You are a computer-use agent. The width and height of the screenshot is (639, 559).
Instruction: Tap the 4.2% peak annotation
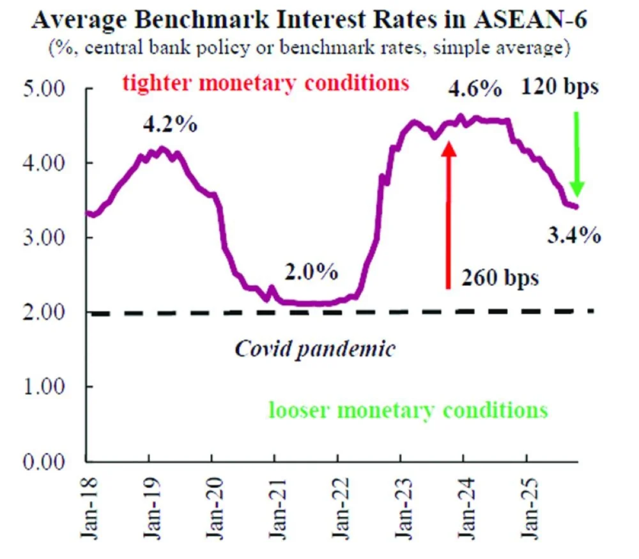click(169, 123)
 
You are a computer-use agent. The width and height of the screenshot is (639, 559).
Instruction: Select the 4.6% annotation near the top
click(473, 89)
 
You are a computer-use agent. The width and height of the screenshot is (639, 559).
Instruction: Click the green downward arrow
click(577, 154)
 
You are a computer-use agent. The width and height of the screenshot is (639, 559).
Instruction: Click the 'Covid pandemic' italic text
click(315, 349)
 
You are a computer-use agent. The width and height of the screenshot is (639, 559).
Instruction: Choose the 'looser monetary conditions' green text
click(408, 409)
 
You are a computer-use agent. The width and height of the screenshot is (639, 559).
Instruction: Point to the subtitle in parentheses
click(309, 49)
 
